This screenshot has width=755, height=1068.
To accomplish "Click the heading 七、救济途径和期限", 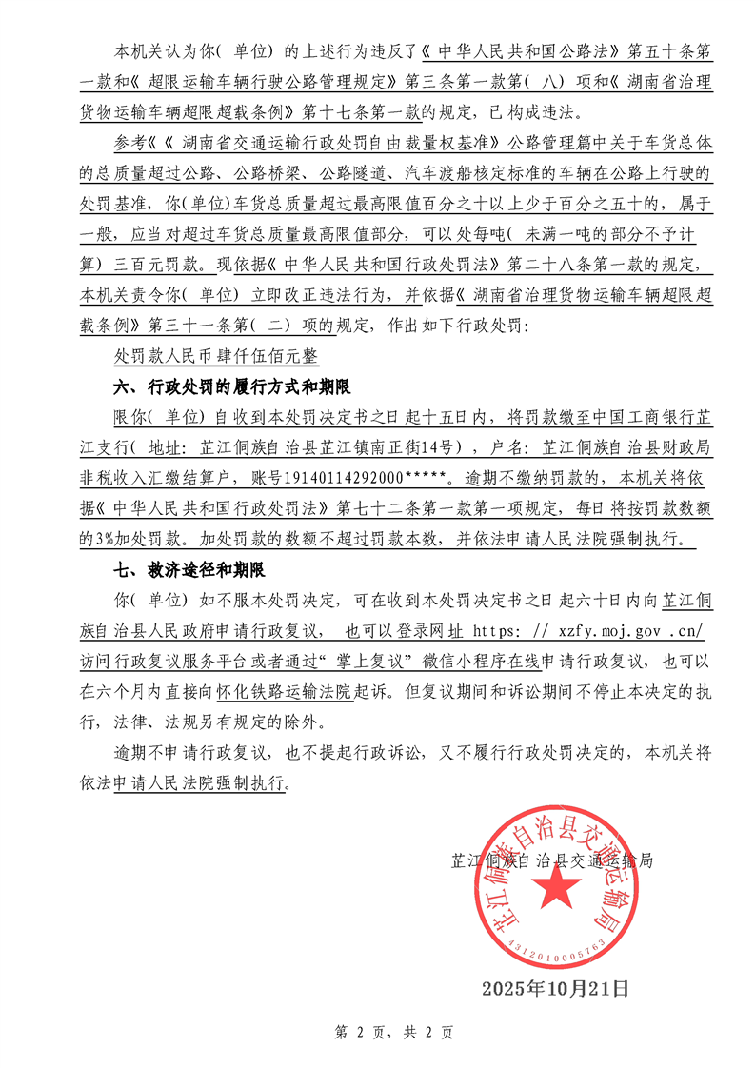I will coord(188,571).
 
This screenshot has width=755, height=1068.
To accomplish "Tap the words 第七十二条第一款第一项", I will coord(407,509).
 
